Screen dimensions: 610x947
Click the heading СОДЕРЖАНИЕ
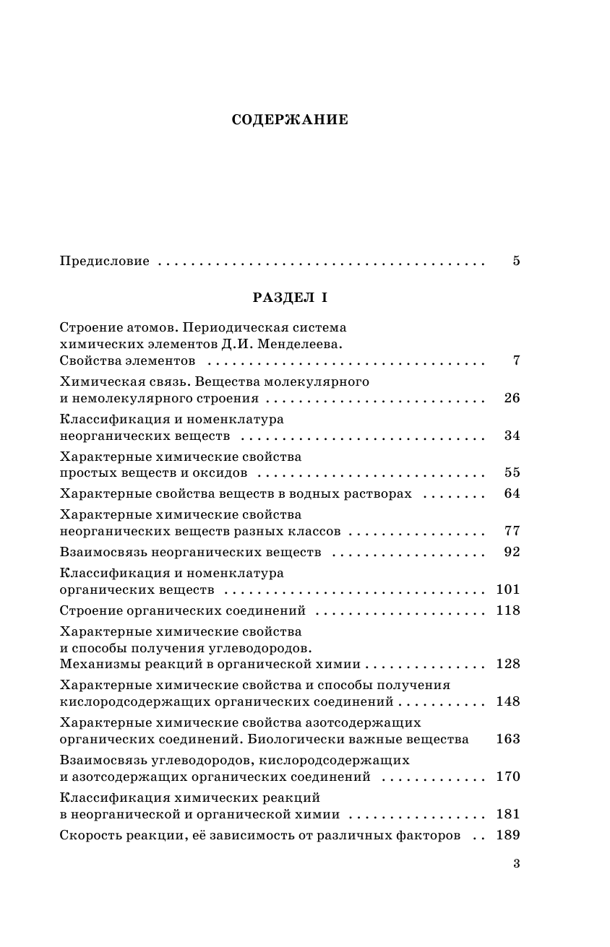[x=290, y=120]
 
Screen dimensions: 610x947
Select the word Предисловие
[x=104, y=261]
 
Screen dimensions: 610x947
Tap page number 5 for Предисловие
[x=516, y=261]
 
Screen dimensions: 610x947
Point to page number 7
[x=516, y=360]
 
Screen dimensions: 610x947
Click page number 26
[x=512, y=398]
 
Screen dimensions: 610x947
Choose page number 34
[x=512, y=436]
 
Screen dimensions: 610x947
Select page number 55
[x=512, y=473]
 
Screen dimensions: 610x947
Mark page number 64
[x=512, y=494]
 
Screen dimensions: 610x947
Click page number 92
[x=512, y=553]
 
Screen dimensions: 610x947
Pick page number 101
[x=508, y=589]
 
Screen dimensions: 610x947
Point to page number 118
[x=508, y=611]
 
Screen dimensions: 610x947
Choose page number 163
[x=508, y=740]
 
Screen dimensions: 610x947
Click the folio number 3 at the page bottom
[x=516, y=863]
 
